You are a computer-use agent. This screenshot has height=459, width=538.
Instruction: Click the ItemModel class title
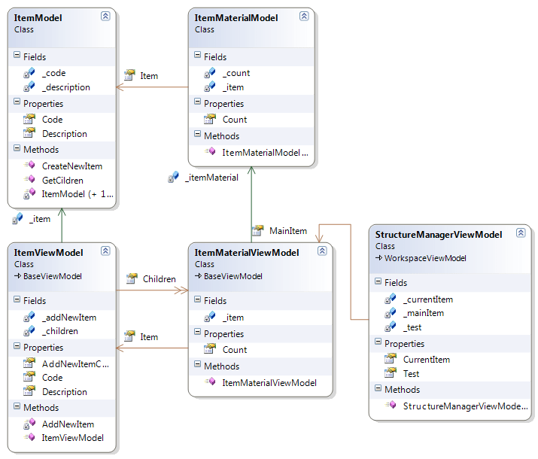pos(38,17)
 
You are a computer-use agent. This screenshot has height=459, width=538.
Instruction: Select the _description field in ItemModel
pos(65,87)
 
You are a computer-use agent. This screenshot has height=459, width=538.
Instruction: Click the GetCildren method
pos(62,181)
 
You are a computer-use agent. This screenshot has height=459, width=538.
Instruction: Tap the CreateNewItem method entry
pos(71,166)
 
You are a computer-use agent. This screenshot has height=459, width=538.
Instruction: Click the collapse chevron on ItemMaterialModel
pos(303,16)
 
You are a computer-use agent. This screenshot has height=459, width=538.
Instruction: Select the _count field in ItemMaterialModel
pos(236,73)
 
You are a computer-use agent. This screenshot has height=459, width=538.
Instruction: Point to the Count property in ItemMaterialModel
pos(234,120)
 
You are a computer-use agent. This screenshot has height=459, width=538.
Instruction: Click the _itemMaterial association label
pos(211,178)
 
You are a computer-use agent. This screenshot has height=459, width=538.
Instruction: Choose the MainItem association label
pos(287,231)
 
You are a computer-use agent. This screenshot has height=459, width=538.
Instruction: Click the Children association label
pos(159,279)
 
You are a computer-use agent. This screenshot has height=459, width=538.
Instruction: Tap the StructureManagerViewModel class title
pos(438,235)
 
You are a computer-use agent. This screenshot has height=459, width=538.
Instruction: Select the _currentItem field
pos(427,299)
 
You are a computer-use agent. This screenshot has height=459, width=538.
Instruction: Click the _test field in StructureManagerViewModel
pos(415,328)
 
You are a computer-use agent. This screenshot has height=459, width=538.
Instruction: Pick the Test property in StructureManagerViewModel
pos(411,374)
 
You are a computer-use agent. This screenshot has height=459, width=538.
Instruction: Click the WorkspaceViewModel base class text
pos(425,258)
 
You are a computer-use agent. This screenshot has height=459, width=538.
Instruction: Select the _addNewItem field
pos(68,318)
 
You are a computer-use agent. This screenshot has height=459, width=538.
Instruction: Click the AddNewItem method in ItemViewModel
pos(68,424)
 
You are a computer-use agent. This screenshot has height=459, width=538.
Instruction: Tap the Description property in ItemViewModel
pos(64,392)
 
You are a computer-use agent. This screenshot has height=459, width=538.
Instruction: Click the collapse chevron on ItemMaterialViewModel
pos(321,250)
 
